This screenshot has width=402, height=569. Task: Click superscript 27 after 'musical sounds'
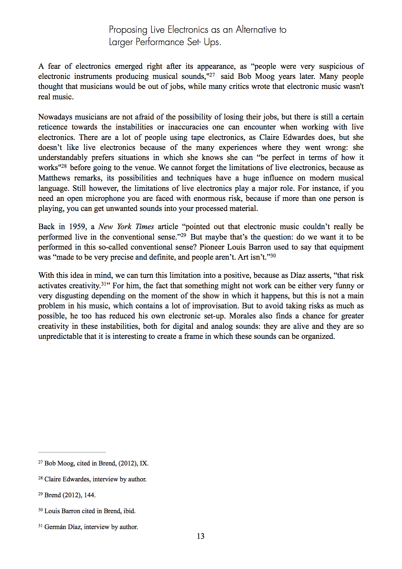(x=211, y=75)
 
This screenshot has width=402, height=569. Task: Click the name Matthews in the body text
(x=54, y=178)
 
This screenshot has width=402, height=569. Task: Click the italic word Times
(x=144, y=227)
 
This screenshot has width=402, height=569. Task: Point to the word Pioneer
(x=212, y=247)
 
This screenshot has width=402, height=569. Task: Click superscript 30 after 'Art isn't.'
(x=273, y=256)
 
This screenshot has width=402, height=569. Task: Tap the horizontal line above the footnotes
(x=72, y=452)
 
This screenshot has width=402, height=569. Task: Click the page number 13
(x=201, y=536)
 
